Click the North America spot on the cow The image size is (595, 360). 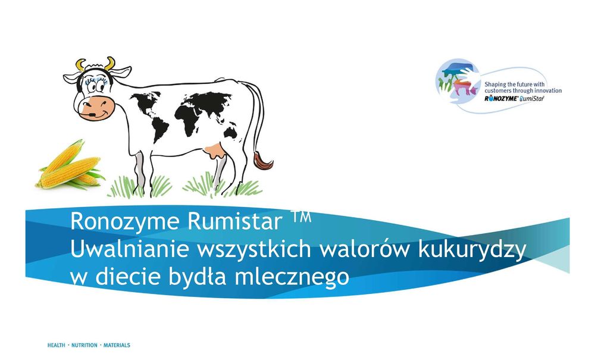[145, 102]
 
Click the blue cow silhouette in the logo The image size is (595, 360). [458, 68]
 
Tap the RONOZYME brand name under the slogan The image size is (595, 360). [500, 99]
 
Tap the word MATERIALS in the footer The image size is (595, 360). [117, 345]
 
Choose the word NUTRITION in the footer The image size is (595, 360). [85, 345]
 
